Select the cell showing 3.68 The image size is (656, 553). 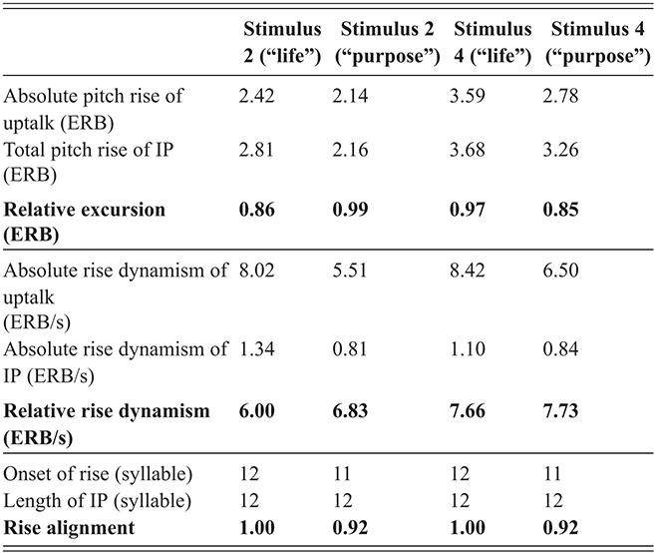468,153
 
